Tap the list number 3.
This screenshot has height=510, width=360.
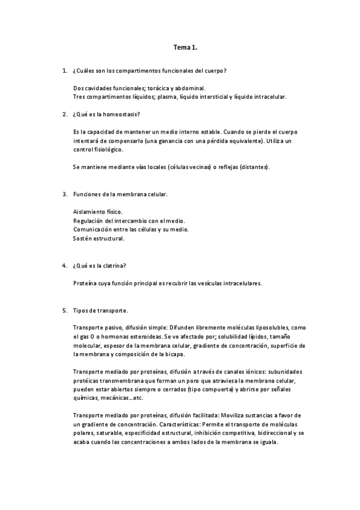(64, 194)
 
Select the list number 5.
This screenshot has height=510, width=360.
(64, 310)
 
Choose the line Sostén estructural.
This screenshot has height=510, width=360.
(99, 238)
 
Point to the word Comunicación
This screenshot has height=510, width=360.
(93, 229)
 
